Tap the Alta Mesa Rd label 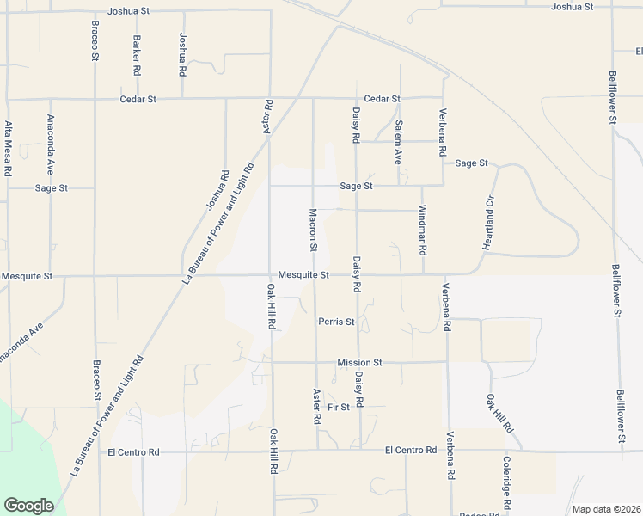[8, 148]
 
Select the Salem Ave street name [398, 142]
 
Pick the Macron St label [313, 230]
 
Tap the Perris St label [336, 322]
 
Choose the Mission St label [359, 363]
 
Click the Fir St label [339, 407]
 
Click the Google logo [28, 505]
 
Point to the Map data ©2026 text [605, 509]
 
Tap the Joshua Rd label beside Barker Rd [181, 53]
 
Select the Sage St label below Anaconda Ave [52, 187]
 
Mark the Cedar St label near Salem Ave [382, 99]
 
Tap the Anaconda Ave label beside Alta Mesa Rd [51, 144]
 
